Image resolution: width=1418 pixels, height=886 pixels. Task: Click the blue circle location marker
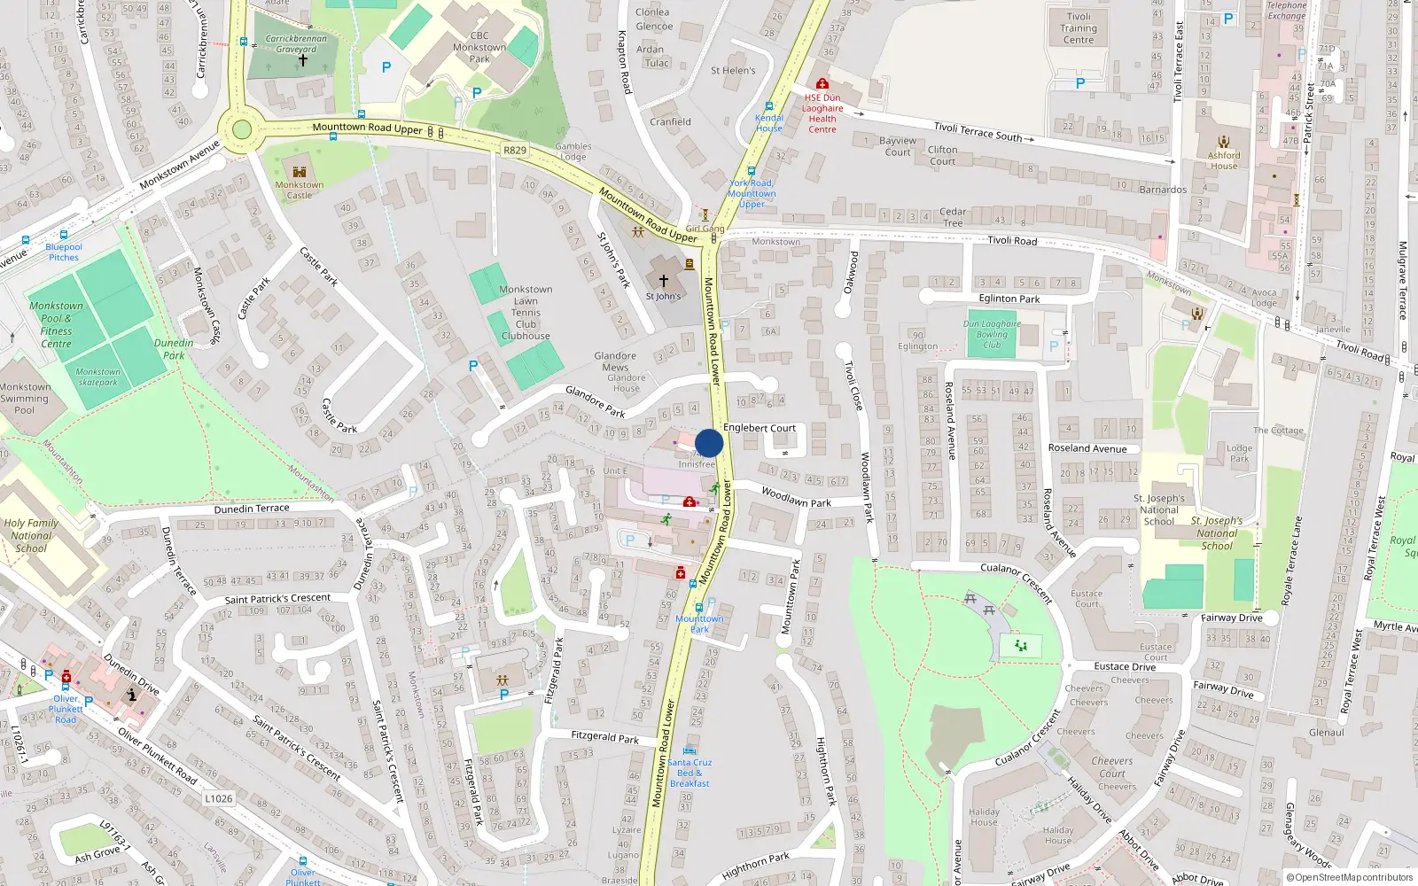(x=709, y=443)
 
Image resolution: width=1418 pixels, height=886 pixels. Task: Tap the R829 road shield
(x=515, y=151)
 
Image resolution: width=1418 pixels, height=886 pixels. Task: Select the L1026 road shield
(x=219, y=798)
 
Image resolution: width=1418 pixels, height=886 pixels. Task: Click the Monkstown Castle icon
(x=300, y=171)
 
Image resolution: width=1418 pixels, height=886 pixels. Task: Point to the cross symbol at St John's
(x=664, y=281)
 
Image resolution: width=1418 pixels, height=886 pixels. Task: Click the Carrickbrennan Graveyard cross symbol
(x=302, y=61)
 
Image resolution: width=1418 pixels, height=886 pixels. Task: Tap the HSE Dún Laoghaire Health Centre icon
(x=822, y=84)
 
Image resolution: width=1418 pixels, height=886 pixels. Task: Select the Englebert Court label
(x=760, y=428)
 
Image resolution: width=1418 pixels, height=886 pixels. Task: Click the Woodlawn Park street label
(x=796, y=499)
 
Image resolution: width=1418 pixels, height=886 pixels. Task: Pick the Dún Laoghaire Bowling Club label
(x=992, y=334)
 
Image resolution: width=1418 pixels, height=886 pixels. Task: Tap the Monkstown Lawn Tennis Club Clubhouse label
(x=526, y=313)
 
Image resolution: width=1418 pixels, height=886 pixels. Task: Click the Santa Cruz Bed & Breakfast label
(x=690, y=773)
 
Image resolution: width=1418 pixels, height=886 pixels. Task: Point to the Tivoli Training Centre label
(x=1079, y=28)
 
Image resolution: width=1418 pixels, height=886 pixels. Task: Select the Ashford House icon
(x=1224, y=142)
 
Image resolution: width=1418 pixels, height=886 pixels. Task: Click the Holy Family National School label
(x=31, y=535)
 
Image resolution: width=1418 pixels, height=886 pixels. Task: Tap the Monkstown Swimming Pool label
(x=25, y=399)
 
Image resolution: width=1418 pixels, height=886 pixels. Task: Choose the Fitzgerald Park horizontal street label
(x=605, y=736)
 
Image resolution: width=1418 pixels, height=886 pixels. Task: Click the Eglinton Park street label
(x=1009, y=299)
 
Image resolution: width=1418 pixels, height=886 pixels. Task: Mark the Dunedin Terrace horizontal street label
(x=252, y=509)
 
